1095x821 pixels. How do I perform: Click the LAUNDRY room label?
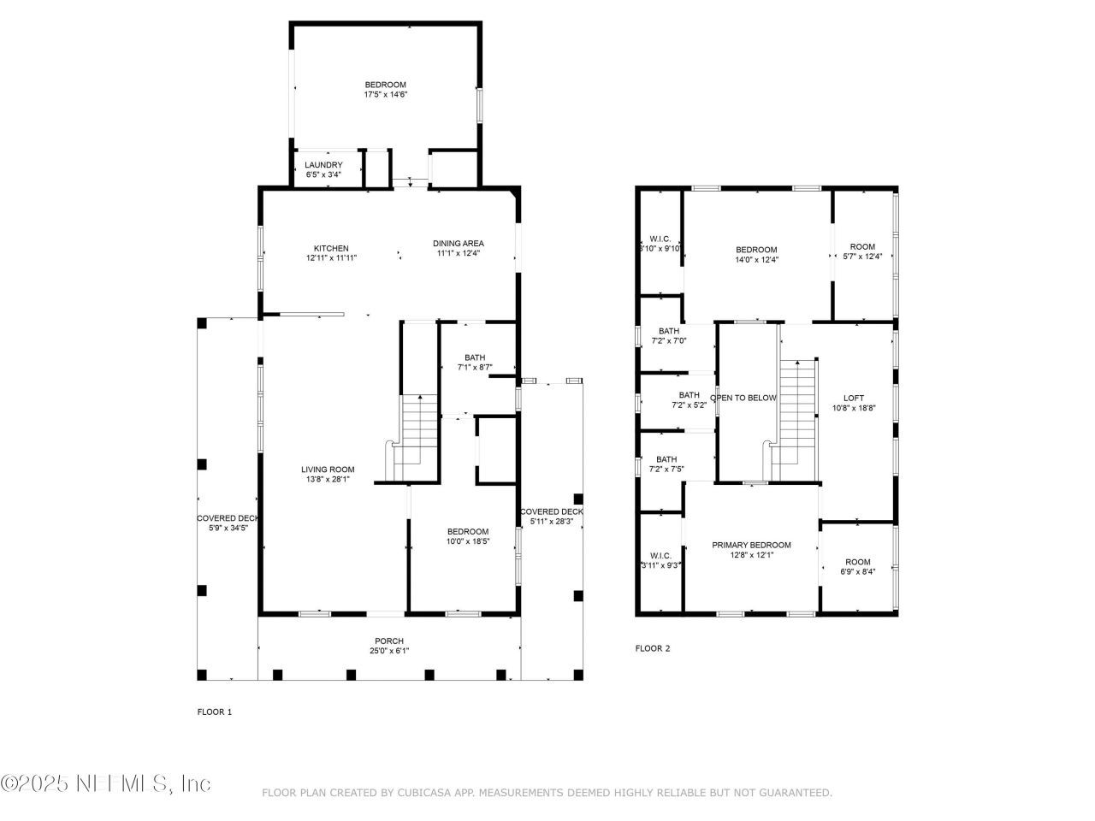tap(324, 165)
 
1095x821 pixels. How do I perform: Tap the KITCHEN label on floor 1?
tap(331, 249)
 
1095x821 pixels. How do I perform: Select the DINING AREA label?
tap(458, 244)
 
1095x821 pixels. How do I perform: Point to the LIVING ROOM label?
tap(328, 470)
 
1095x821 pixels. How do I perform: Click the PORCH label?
tap(388, 641)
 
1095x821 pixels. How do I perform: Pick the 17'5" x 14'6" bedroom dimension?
tap(385, 95)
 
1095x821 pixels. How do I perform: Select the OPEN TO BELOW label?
tap(743, 399)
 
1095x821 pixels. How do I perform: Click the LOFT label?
tap(853, 399)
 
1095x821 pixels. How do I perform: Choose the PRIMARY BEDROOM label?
tap(751, 545)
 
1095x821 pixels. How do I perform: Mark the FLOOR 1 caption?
tap(215, 712)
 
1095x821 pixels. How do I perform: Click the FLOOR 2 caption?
tap(653, 648)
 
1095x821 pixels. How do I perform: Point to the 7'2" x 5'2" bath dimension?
tap(690, 405)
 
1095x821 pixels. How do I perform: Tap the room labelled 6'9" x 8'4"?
tap(858, 568)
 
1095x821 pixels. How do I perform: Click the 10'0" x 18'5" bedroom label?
tap(467, 536)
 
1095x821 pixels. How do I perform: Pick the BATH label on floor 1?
tap(475, 357)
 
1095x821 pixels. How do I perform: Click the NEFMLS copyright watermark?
tap(106, 783)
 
